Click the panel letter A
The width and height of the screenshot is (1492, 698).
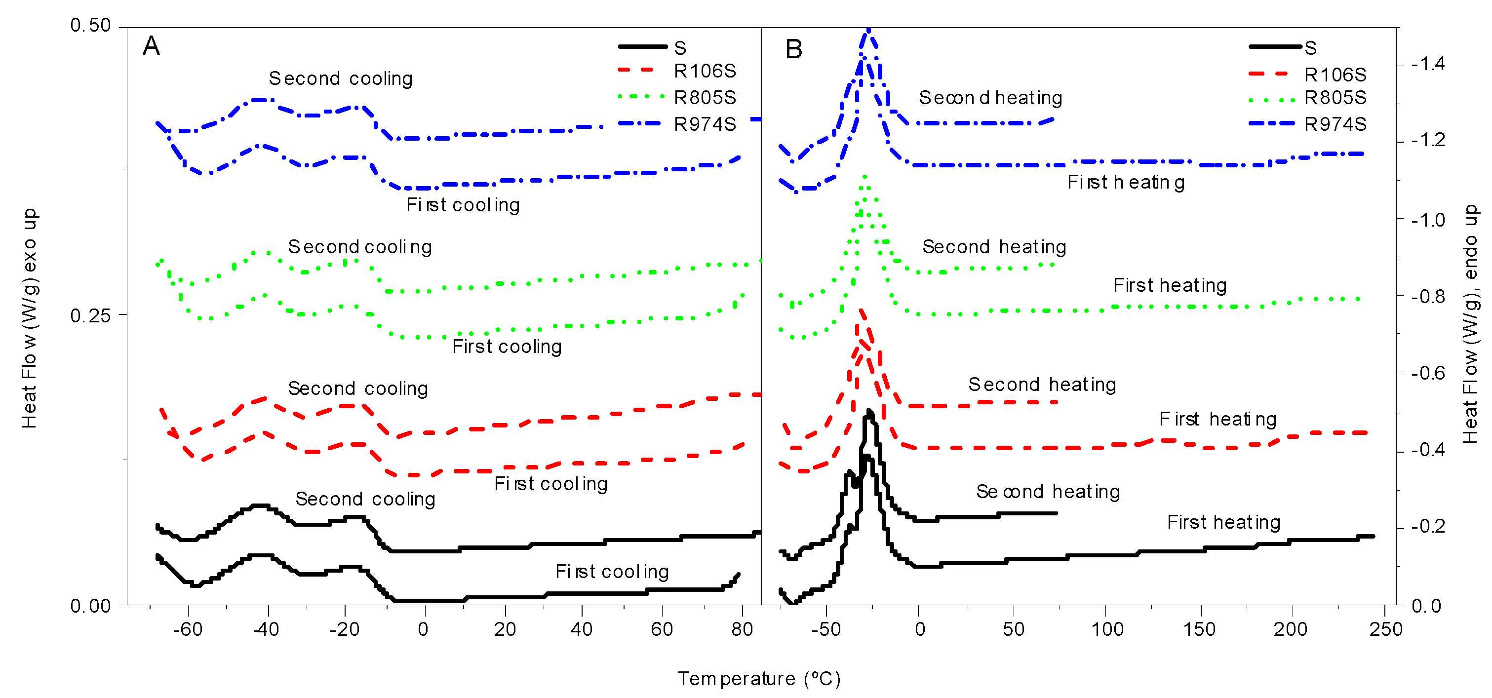click(151, 46)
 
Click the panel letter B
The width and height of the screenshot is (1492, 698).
click(794, 49)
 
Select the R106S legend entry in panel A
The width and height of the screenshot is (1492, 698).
click(705, 71)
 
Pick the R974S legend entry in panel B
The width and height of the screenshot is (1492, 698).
click(1335, 124)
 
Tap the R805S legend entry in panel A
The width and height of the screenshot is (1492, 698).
click(705, 98)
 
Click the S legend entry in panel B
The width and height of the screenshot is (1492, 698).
click(1310, 48)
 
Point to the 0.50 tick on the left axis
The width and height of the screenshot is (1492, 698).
click(90, 26)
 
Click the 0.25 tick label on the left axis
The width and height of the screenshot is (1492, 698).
click(90, 316)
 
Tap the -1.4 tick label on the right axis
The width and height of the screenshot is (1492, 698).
click(1428, 64)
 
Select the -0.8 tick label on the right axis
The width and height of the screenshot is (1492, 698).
click(1428, 297)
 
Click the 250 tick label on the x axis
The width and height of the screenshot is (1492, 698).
click(1385, 630)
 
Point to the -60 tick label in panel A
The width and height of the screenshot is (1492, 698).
click(188, 630)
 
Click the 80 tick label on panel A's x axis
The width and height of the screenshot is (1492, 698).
click(742, 630)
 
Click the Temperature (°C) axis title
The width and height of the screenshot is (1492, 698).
click(759, 679)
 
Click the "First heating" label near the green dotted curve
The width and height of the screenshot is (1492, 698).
click(1170, 286)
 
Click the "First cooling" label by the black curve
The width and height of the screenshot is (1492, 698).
click(612, 572)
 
